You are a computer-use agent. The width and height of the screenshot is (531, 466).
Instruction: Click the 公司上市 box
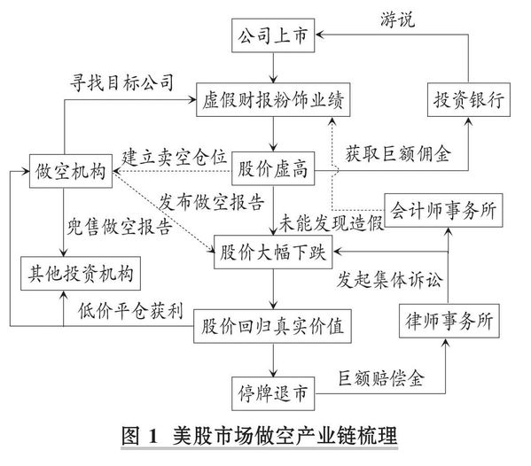pos(273,35)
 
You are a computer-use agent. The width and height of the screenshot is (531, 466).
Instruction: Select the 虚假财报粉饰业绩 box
pos(273,100)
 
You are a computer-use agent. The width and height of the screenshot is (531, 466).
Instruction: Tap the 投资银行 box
pos(469,100)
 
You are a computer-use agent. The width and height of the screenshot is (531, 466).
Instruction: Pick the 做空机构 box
pos(70,171)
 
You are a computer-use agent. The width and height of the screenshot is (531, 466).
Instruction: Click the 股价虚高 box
pos(273,168)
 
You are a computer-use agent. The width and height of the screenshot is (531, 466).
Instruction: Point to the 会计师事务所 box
pos(443,210)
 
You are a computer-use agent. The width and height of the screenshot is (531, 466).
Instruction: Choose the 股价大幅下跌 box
pos(273,252)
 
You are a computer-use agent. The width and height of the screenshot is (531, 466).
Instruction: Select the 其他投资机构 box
pos(81,274)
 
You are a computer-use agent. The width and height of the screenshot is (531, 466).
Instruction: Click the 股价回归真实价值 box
pos(272,326)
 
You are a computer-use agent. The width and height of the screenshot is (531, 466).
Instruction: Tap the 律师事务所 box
pos(449,321)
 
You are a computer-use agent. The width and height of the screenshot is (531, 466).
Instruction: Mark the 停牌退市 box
pos(273,393)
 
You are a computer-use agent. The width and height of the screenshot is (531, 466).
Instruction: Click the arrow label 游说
pos(397,19)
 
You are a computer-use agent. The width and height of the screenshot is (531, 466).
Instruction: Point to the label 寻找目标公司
pos(122,82)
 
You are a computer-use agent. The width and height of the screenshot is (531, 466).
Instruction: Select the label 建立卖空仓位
pos(174,158)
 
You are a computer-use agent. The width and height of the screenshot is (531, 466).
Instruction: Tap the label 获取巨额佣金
pos(398,154)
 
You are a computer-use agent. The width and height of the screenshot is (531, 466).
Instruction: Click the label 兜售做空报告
pos(119,227)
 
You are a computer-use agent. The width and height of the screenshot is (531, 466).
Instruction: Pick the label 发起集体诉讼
pos(389,280)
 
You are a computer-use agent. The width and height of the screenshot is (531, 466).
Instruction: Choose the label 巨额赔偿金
pos(381,378)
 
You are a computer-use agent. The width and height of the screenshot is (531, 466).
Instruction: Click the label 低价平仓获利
pos(130,310)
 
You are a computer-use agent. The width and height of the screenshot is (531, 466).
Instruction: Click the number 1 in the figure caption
pos(153,436)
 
